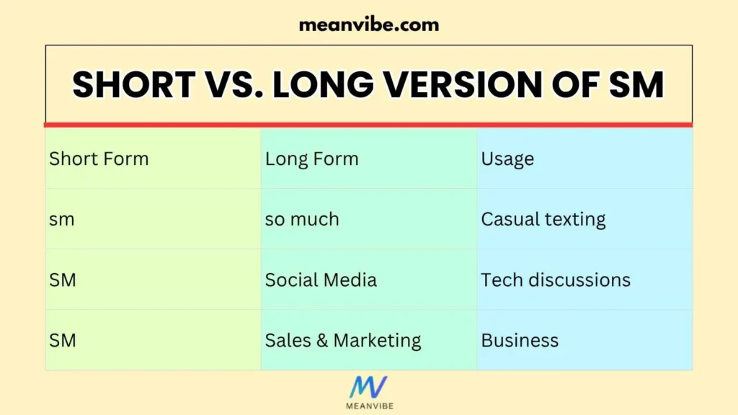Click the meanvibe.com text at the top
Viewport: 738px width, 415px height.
click(x=368, y=24)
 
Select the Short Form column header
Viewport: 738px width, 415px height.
click(x=99, y=159)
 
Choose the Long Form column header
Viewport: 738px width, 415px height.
click(x=311, y=159)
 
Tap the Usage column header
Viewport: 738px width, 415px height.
click(x=507, y=159)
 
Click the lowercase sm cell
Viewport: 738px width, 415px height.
click(x=62, y=219)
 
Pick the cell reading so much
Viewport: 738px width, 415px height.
click(x=302, y=219)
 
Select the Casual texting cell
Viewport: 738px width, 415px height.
click(x=543, y=219)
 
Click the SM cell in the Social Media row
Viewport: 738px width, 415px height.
click(x=63, y=280)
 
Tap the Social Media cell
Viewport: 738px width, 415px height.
click(x=321, y=280)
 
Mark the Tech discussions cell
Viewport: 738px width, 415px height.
click(x=556, y=280)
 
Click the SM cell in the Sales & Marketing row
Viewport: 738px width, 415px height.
click(x=63, y=340)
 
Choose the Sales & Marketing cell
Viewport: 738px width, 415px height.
click(x=343, y=340)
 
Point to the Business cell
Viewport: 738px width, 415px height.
click(x=520, y=340)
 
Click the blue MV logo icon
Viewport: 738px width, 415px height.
click(x=368, y=388)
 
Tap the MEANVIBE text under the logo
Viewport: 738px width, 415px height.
click(x=368, y=407)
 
